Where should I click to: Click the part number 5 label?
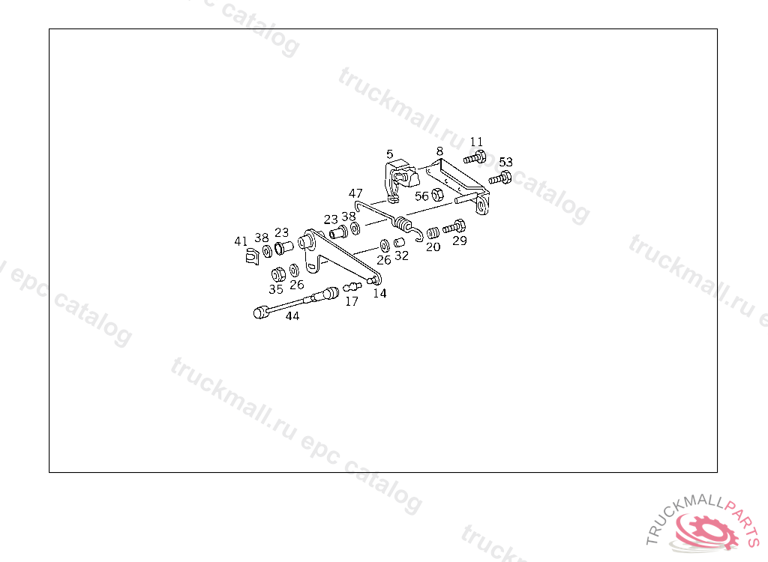pos(390,154)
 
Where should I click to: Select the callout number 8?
pos(439,151)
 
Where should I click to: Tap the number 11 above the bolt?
pos(476,142)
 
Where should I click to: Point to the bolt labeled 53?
pos(500,178)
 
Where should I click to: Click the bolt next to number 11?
pos(474,157)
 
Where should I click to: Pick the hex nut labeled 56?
pos(439,196)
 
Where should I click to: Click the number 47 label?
pos(355,193)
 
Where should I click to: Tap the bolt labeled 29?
pos(454,226)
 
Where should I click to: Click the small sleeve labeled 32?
pos(400,243)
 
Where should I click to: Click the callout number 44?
pos(292,316)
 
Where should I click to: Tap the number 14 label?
pos(380,294)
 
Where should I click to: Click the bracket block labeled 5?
pos(401,176)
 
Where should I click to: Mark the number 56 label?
pos(422,196)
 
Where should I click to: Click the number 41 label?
pos(241,241)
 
